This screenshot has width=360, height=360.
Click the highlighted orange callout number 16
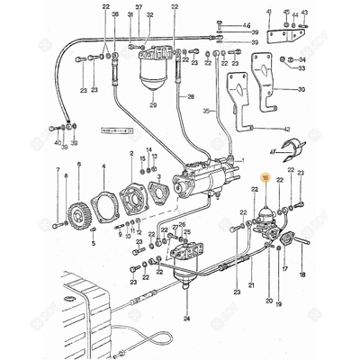click(265, 180)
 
